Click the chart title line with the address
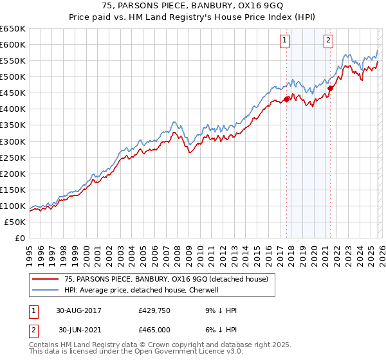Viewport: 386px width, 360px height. pos(192,5)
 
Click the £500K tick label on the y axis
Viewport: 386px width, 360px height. pos(13,76)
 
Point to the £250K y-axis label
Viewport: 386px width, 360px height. pos(13,157)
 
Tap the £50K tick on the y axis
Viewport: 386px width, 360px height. pos(15,222)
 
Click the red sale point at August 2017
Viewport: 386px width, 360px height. pos(287,99)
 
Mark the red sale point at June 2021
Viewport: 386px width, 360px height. pos(331,88)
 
